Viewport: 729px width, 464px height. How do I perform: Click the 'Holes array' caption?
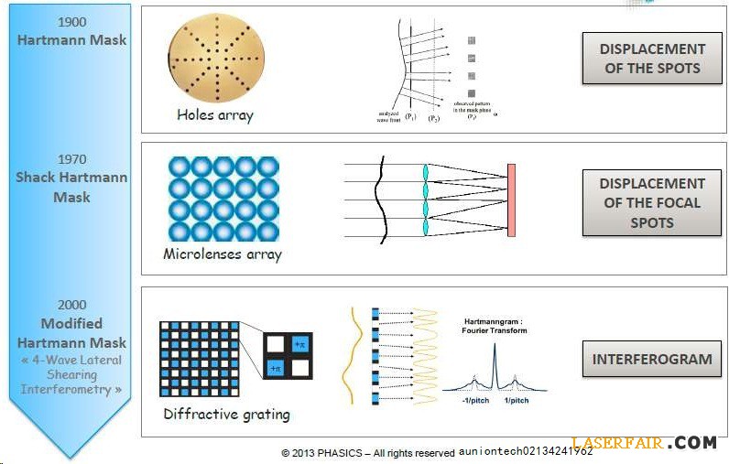pyautogui.click(x=215, y=115)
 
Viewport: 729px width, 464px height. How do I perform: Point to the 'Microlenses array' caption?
pyautogui.click(x=223, y=254)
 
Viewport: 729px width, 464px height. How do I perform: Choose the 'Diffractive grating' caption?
pyautogui.click(x=226, y=414)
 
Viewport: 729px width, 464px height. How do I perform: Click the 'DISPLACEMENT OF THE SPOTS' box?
pyautogui.click(x=652, y=59)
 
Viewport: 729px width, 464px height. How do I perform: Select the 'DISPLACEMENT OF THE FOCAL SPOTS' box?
pyautogui.click(x=652, y=202)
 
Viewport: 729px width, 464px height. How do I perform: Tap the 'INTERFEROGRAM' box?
pyautogui.click(x=652, y=359)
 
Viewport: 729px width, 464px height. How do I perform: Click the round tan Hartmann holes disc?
pyautogui.click(x=214, y=59)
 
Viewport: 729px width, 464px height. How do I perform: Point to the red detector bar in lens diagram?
pyautogui.click(x=511, y=200)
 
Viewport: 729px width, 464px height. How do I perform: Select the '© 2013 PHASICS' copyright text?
pyautogui.click(x=367, y=453)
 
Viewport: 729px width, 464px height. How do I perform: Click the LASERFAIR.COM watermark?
pyautogui.click(x=644, y=443)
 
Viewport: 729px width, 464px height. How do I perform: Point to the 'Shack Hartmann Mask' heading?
pyautogui.click(x=71, y=187)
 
